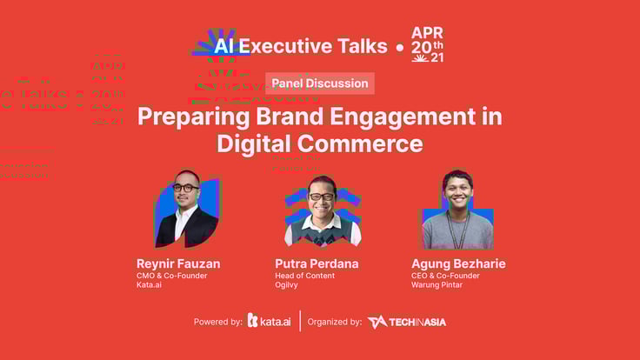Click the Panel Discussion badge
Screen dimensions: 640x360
pyautogui.click(x=320, y=83)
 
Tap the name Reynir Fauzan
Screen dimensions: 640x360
pyautogui.click(x=178, y=263)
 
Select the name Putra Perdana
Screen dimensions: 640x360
pyautogui.click(x=317, y=263)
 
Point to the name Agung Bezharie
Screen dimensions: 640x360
pyautogui.click(x=458, y=263)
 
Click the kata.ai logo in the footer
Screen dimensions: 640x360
pyautogui.click(x=270, y=321)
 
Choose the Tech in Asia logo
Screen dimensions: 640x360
pyautogui.click(x=407, y=322)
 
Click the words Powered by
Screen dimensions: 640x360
pyautogui.click(x=218, y=322)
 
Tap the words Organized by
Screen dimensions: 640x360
pyautogui.click(x=334, y=322)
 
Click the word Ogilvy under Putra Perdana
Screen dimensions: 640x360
pyautogui.click(x=286, y=285)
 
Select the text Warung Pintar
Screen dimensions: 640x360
pyautogui.click(x=437, y=285)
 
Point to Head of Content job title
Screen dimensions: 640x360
pyautogui.click(x=304, y=276)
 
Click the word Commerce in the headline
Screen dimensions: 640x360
pyautogui.click(x=360, y=143)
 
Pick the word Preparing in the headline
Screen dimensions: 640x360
pyautogui.click(x=193, y=117)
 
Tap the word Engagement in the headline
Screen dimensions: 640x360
pyautogui.click(x=403, y=117)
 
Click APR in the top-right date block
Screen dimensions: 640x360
pyautogui.click(x=427, y=33)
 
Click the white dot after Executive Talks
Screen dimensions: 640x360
pyautogui.click(x=400, y=48)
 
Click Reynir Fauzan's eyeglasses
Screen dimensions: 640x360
pyautogui.click(x=185, y=188)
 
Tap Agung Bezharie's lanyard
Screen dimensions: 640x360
pyautogui.click(x=458, y=230)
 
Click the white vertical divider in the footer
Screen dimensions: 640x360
pyautogui.click(x=300, y=321)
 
